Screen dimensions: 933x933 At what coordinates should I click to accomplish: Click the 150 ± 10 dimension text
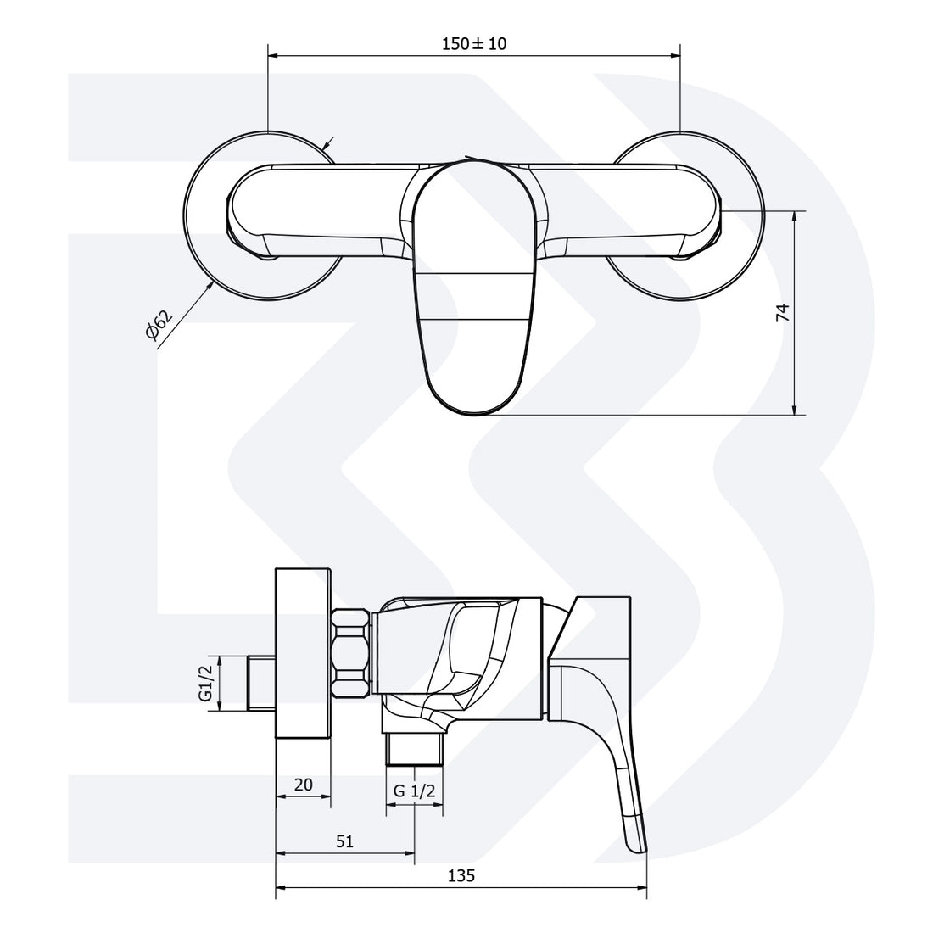coord(473,43)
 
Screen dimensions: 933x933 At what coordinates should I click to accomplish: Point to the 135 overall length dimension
coord(461,875)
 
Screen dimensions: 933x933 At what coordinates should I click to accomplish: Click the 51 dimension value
coord(344,841)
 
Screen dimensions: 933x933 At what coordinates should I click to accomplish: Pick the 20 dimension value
coord(303,785)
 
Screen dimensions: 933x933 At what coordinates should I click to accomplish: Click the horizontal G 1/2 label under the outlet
coord(414,791)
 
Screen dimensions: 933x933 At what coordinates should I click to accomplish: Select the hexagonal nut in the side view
coord(351,654)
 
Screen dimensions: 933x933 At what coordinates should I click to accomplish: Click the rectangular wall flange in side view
coord(303,654)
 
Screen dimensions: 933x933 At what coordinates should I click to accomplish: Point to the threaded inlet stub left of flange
coord(260,683)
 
